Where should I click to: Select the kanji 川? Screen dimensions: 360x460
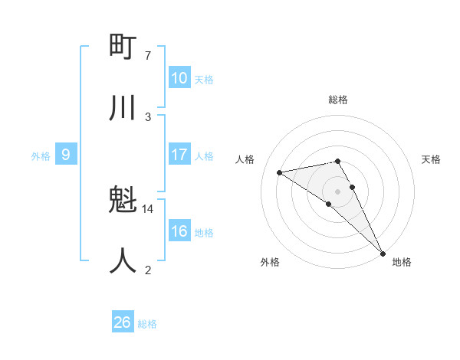pyautogui.click(x=123, y=108)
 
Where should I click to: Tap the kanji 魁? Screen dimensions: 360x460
pyautogui.click(x=123, y=201)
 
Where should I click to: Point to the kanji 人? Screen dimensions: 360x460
pyautogui.click(x=123, y=261)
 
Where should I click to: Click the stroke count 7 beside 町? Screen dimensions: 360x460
pyautogui.click(x=148, y=56)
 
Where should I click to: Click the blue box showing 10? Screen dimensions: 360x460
pyautogui.click(x=179, y=78)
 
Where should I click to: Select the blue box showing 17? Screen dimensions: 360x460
pyautogui.click(x=179, y=155)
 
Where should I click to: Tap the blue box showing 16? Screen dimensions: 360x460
pyautogui.click(x=179, y=231)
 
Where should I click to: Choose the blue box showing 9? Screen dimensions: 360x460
pyautogui.click(x=66, y=155)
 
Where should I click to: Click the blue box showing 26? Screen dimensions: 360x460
pyautogui.click(x=123, y=323)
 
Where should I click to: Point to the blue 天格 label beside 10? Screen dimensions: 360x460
pyautogui.click(x=204, y=80)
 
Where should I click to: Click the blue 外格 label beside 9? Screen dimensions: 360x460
pyautogui.click(x=41, y=156)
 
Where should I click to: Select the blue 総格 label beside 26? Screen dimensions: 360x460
pyautogui.click(x=147, y=325)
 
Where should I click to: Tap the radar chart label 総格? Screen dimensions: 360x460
pyautogui.click(x=338, y=100)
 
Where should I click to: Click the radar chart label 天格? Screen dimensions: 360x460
pyautogui.click(x=432, y=159)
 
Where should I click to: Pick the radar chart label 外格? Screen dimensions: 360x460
pyautogui.click(x=270, y=263)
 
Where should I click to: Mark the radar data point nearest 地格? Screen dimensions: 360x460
pyautogui.click(x=383, y=253)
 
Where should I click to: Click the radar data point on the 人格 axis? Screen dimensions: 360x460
pyautogui.click(x=280, y=172)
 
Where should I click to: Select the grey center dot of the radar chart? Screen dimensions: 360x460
pyautogui.click(x=338, y=191)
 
